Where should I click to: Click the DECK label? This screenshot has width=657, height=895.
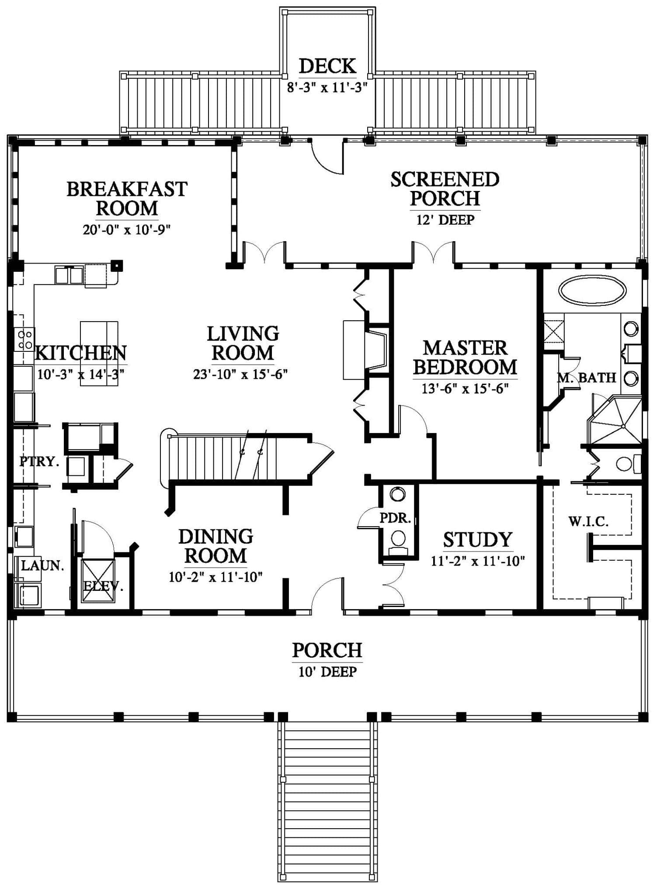click(327, 66)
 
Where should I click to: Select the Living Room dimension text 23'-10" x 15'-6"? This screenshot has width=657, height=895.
click(240, 375)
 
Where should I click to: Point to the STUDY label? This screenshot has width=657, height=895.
click(477, 540)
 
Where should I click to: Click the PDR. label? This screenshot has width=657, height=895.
click(395, 518)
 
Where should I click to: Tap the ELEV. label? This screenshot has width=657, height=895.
click(103, 586)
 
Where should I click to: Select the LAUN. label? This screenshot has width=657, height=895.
click(42, 566)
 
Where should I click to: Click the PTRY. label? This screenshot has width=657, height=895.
click(39, 461)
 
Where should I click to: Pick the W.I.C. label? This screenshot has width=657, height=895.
click(588, 521)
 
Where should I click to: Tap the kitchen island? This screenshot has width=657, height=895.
click(99, 354)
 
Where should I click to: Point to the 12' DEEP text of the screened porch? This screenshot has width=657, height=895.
click(445, 219)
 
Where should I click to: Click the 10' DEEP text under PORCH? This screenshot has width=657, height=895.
click(327, 671)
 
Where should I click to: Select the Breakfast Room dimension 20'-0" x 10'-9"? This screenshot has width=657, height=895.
click(126, 230)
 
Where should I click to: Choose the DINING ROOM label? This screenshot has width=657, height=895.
click(216, 546)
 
